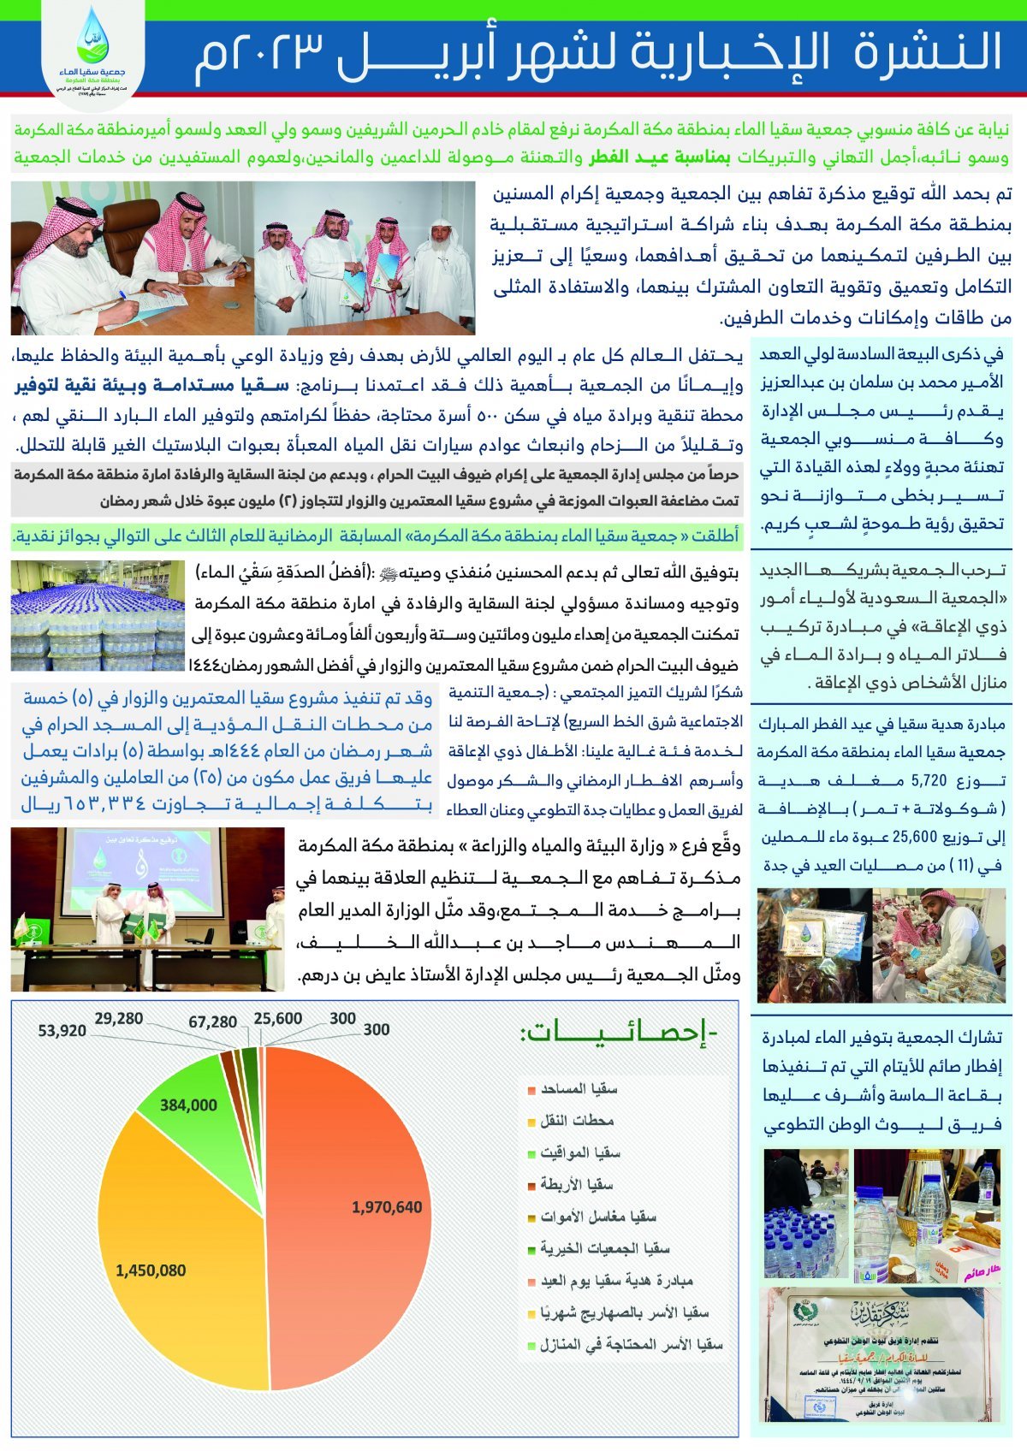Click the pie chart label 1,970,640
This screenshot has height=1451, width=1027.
point(387,1207)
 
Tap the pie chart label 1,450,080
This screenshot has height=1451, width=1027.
point(151,1270)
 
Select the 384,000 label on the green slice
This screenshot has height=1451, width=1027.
point(188,1105)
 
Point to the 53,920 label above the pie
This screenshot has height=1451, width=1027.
point(62,1031)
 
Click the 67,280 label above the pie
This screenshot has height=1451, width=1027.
point(213,1022)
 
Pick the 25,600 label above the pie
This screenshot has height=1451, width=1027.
point(278,1018)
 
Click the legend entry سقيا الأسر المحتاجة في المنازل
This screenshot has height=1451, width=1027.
point(631,1344)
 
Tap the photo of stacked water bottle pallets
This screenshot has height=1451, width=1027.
point(98,615)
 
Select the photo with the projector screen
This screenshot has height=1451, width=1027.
point(147,909)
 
